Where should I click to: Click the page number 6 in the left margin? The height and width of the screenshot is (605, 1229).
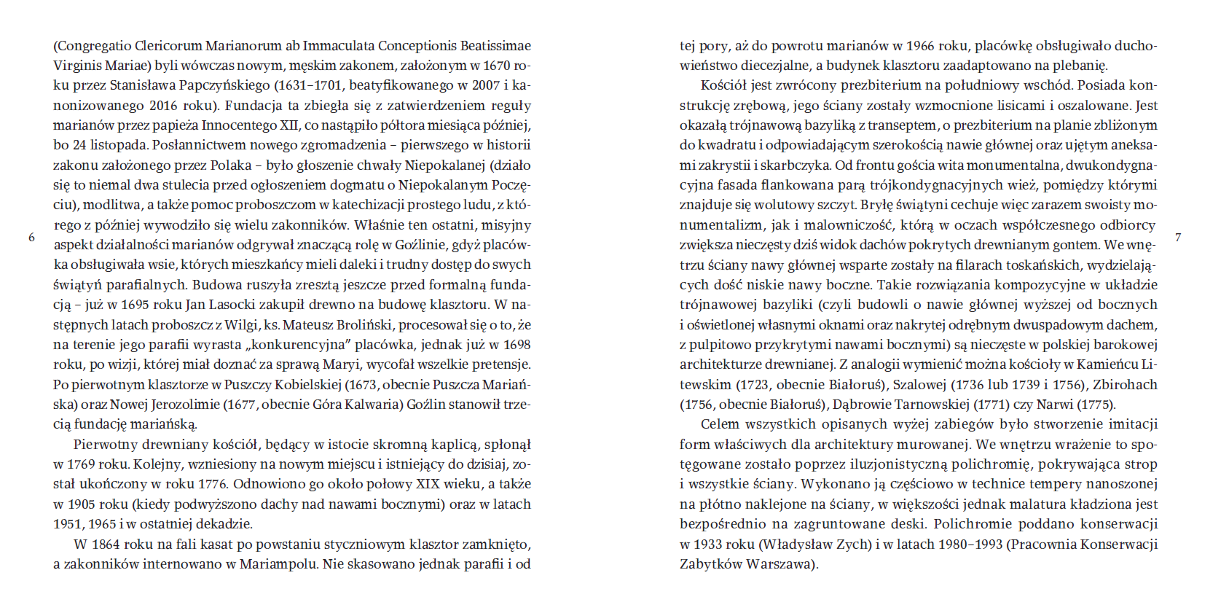pyautogui.click(x=31, y=238)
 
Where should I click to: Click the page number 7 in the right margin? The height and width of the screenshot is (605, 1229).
pyautogui.click(x=1178, y=238)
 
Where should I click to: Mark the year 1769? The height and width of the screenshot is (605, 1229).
pyautogui.click(x=82, y=464)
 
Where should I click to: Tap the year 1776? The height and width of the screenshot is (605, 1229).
pyautogui.click(x=212, y=484)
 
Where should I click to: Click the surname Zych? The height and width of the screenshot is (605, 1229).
pyautogui.click(x=852, y=544)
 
